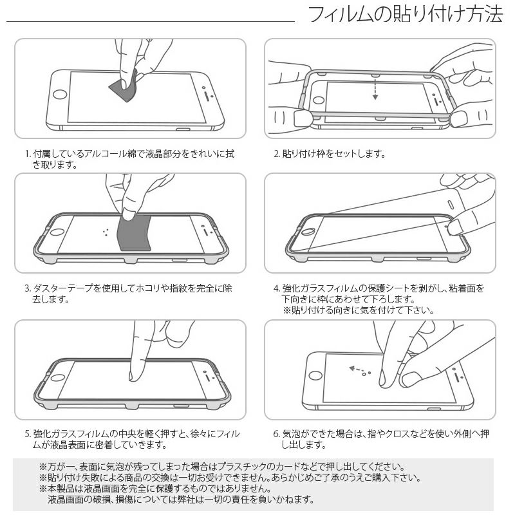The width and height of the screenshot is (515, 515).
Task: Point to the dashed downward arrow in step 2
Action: point(375,89)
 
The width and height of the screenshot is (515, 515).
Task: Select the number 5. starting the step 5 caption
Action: point(28,434)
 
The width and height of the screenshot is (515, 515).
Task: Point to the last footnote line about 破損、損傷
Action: point(180,500)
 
